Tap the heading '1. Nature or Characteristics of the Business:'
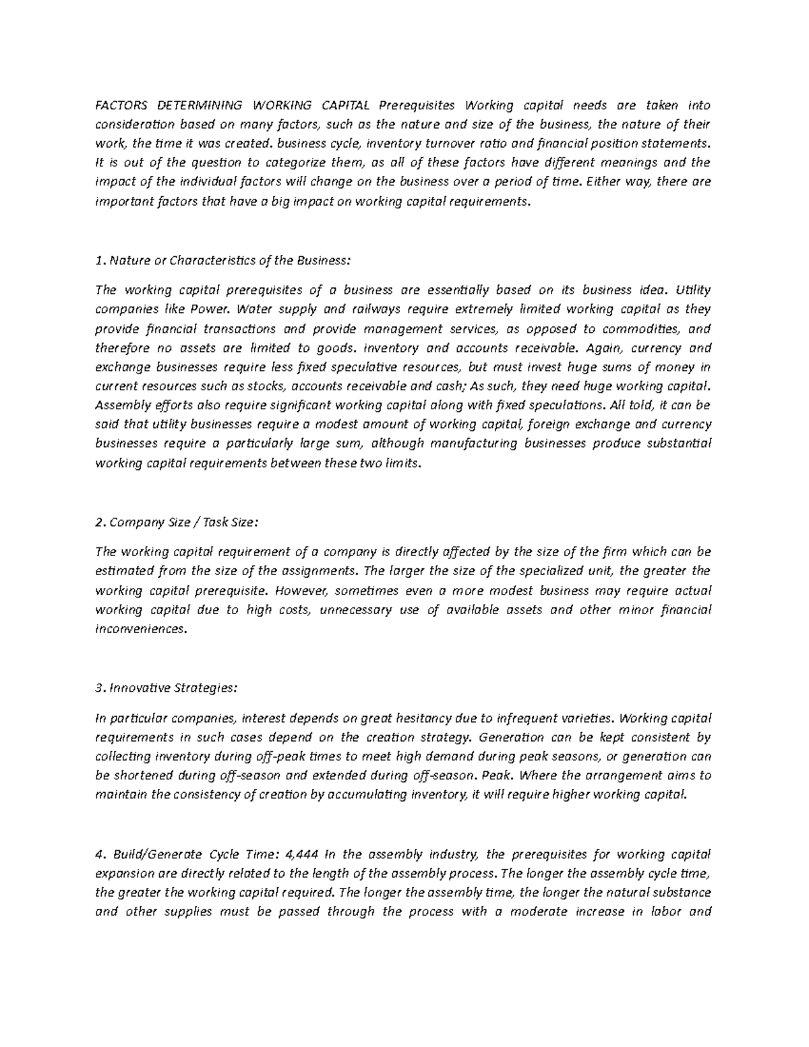(x=223, y=261)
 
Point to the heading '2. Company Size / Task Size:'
(x=177, y=522)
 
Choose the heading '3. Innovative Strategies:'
(x=167, y=688)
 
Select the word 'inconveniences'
(x=140, y=629)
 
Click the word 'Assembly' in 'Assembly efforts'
(x=119, y=406)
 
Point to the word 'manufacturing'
(x=479, y=444)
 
